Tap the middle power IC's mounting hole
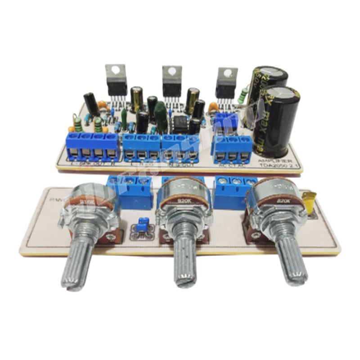point(171,71)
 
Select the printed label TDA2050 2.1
point(275,166)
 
